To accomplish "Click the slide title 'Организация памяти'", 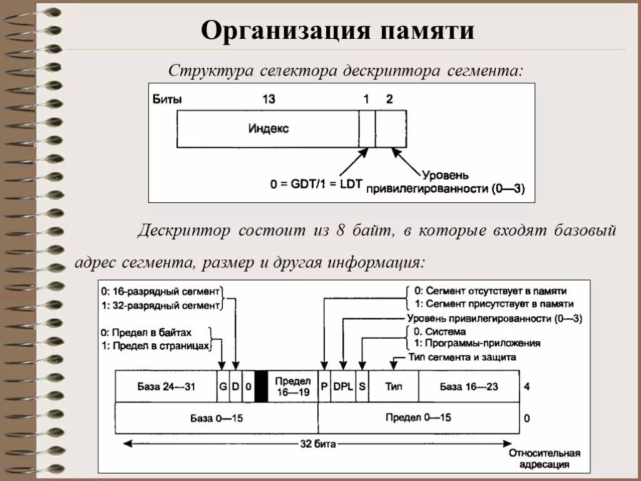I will click(x=337, y=30).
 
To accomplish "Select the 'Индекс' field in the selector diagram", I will click(x=269, y=128).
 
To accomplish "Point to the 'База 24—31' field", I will click(x=166, y=386).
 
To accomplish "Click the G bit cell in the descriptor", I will click(x=222, y=386).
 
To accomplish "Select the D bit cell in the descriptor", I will click(x=235, y=386).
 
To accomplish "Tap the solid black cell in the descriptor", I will click(x=262, y=386).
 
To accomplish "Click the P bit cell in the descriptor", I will click(x=324, y=386).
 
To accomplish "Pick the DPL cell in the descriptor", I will click(x=343, y=386).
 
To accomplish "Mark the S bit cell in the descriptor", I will click(x=362, y=386).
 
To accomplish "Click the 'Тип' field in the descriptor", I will click(x=394, y=386).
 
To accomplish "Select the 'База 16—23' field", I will click(x=469, y=386).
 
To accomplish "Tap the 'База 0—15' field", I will click(x=217, y=418).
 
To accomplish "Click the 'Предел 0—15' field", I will click(x=418, y=418).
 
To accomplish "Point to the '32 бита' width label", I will click(x=317, y=444).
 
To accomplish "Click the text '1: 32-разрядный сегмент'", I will click(x=161, y=306).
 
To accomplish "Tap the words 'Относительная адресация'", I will click(x=544, y=459).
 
